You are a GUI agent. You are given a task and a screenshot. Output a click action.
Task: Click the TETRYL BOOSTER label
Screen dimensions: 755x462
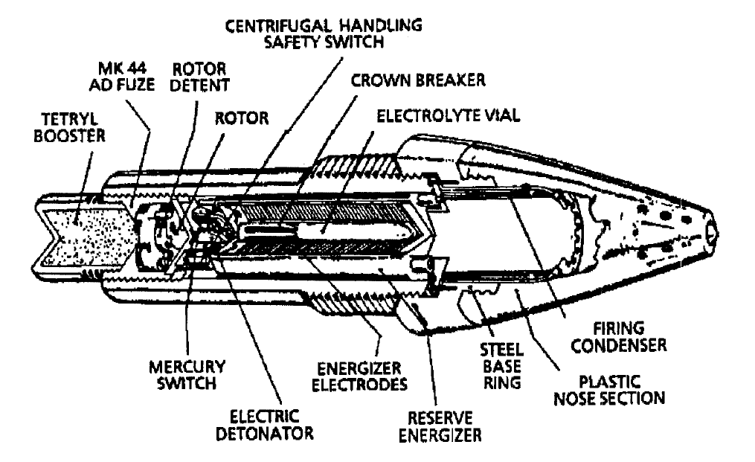(x=69, y=127)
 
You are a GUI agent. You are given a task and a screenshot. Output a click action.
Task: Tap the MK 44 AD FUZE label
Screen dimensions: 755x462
(x=122, y=77)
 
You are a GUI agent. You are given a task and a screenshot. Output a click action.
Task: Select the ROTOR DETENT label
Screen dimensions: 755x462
(x=200, y=77)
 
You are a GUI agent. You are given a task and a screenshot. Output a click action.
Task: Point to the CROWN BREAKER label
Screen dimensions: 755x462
(x=418, y=80)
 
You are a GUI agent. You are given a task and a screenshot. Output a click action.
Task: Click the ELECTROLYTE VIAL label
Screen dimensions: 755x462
(x=449, y=115)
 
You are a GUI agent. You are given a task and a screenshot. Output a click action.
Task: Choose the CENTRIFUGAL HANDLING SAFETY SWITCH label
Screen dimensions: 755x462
(x=324, y=33)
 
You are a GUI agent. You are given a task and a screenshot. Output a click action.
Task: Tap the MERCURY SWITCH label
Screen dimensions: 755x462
(x=187, y=375)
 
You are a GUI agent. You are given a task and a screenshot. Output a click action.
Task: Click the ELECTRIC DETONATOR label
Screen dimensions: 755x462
(x=264, y=424)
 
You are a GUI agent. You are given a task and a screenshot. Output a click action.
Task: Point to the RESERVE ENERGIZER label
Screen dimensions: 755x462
(x=440, y=426)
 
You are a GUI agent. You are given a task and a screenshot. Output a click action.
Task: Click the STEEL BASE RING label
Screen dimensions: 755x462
(x=502, y=366)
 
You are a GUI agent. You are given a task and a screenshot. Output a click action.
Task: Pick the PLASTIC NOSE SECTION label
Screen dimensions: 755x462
(x=610, y=390)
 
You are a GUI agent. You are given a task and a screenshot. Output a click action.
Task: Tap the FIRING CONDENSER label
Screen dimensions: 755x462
(x=619, y=337)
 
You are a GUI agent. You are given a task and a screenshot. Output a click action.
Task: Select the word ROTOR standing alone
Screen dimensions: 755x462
(x=241, y=118)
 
